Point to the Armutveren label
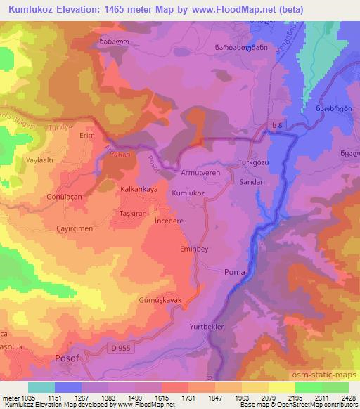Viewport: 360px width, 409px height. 201,171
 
